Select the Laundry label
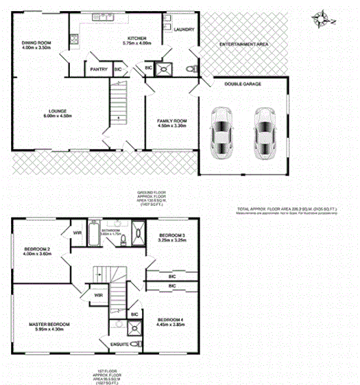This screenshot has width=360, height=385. click(184, 30)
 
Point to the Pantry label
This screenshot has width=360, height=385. click(94, 69)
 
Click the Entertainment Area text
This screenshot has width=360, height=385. click(243, 44)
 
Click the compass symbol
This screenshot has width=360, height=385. click(320, 15)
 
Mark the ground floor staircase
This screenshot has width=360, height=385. click(119, 103)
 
